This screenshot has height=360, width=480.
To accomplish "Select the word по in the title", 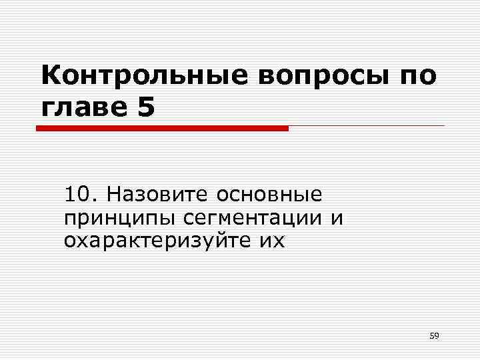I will (418, 76).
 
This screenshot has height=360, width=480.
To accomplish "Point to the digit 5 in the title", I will (146, 107).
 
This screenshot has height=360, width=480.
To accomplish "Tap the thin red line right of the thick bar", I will (367, 125).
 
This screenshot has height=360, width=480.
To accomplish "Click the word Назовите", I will (155, 195).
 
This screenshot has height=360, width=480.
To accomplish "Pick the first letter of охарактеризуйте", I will (70, 241).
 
